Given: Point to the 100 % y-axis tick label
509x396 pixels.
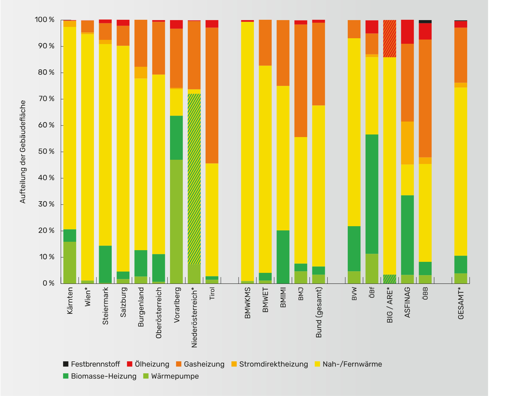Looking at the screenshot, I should click(x=45, y=20).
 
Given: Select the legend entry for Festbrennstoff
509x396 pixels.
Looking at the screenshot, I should click(x=92, y=364).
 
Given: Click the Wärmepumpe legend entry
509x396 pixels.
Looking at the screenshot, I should click(x=171, y=376).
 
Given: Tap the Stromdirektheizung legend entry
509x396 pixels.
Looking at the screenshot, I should click(x=270, y=364).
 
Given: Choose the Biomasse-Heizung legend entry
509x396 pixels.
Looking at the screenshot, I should click(x=100, y=376).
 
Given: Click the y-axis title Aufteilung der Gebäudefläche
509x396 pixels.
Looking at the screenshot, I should click(x=23, y=152).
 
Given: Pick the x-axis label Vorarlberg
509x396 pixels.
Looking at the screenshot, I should click(x=177, y=305).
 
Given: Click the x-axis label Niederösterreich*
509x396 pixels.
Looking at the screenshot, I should click(x=194, y=317).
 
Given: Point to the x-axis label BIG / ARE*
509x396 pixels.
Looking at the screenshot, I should click(x=390, y=305).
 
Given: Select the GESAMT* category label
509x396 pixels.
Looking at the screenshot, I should click(x=461, y=303).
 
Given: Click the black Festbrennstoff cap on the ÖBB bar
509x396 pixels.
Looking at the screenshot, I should click(x=425, y=21).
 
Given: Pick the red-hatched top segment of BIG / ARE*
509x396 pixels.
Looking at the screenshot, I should click(x=390, y=39).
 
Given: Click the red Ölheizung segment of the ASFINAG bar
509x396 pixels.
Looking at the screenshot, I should click(x=407, y=32).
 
